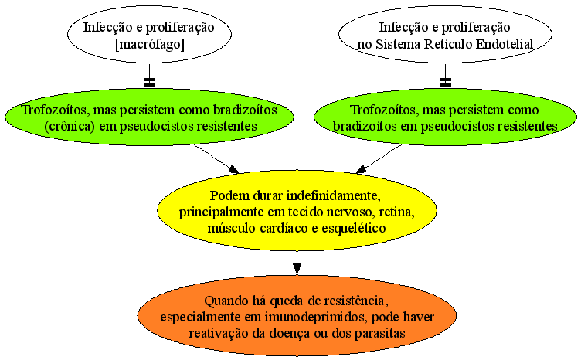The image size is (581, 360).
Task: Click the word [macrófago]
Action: coord(150,45)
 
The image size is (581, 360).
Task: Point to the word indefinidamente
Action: coord(334,195)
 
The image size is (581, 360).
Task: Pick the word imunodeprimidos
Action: coord(316,318)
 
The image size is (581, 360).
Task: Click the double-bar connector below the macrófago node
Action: coord(150,82)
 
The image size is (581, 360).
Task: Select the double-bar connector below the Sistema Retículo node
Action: coord(445,82)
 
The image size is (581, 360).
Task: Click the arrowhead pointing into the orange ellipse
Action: coord(297,269)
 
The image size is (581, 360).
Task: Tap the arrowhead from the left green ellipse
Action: coord(233,169)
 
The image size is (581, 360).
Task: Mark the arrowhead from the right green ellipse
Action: coord(362,169)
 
